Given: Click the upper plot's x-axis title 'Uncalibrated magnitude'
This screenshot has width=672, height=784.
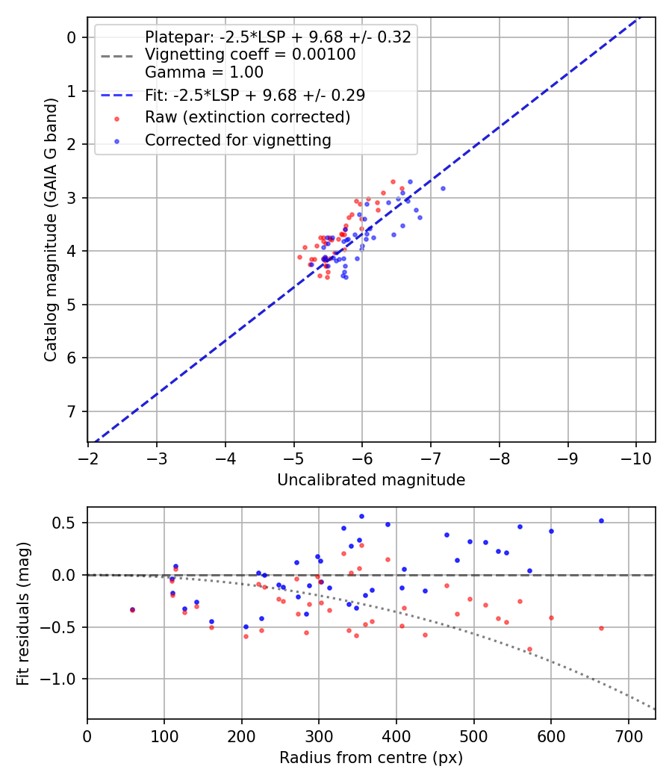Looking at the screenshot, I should click(x=371, y=480).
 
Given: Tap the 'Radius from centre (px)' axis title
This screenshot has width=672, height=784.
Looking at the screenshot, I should click(x=371, y=758).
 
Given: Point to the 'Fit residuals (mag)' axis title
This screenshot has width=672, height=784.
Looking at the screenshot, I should click(x=23, y=613).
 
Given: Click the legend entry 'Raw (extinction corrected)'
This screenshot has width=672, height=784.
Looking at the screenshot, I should click(x=247, y=117).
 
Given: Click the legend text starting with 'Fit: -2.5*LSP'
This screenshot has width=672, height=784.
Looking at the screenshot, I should click(x=255, y=96).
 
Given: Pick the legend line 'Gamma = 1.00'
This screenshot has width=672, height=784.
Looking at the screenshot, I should click(x=204, y=72).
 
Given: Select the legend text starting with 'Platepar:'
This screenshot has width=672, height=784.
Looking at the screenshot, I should click(x=278, y=37).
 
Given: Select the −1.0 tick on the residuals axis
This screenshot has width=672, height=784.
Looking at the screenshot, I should click(x=65, y=679).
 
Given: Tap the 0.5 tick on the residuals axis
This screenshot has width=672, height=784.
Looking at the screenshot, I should click(x=69, y=523).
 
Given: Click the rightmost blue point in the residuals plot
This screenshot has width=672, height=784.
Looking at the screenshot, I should click(x=601, y=521).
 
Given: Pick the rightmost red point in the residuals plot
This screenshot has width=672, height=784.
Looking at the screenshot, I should click(x=601, y=628).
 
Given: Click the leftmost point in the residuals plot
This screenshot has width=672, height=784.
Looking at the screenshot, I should click(x=132, y=610).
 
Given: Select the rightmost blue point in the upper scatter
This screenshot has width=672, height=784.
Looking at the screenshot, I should click(x=443, y=188).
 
